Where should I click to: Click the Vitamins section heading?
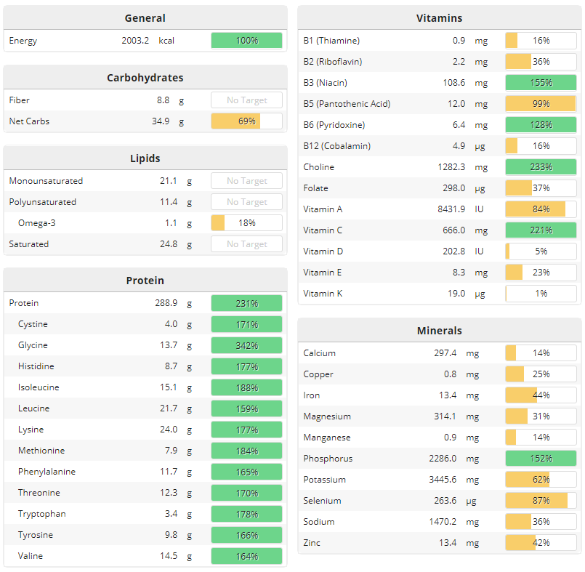pyautogui.click(x=439, y=18)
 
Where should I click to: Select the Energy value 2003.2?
pyautogui.click(x=135, y=41)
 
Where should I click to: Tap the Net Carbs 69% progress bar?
pyautogui.click(x=246, y=121)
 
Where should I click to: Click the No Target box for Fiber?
pyautogui.click(x=246, y=100)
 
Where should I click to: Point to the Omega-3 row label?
pyautogui.click(x=37, y=223)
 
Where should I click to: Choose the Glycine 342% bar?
pyautogui.click(x=246, y=345)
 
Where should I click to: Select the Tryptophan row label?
pyautogui.click(x=42, y=514)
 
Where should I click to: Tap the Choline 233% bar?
pyautogui.click(x=541, y=167)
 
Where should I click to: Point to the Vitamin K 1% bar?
pyautogui.click(x=541, y=294)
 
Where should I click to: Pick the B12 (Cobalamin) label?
pyautogui.click(x=336, y=146)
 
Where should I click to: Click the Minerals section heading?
pyautogui.click(x=439, y=331)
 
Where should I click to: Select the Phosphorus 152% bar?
pyautogui.click(x=541, y=459)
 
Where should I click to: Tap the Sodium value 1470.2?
pyautogui.click(x=442, y=522)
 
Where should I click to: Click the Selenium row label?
pyautogui.click(x=322, y=501)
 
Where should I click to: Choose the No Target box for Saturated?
pyautogui.click(x=246, y=244)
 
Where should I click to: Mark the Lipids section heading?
pyautogui.click(x=145, y=158)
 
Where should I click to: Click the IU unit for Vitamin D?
pyautogui.click(x=480, y=251)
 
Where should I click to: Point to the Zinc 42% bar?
pyautogui.click(x=541, y=543)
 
